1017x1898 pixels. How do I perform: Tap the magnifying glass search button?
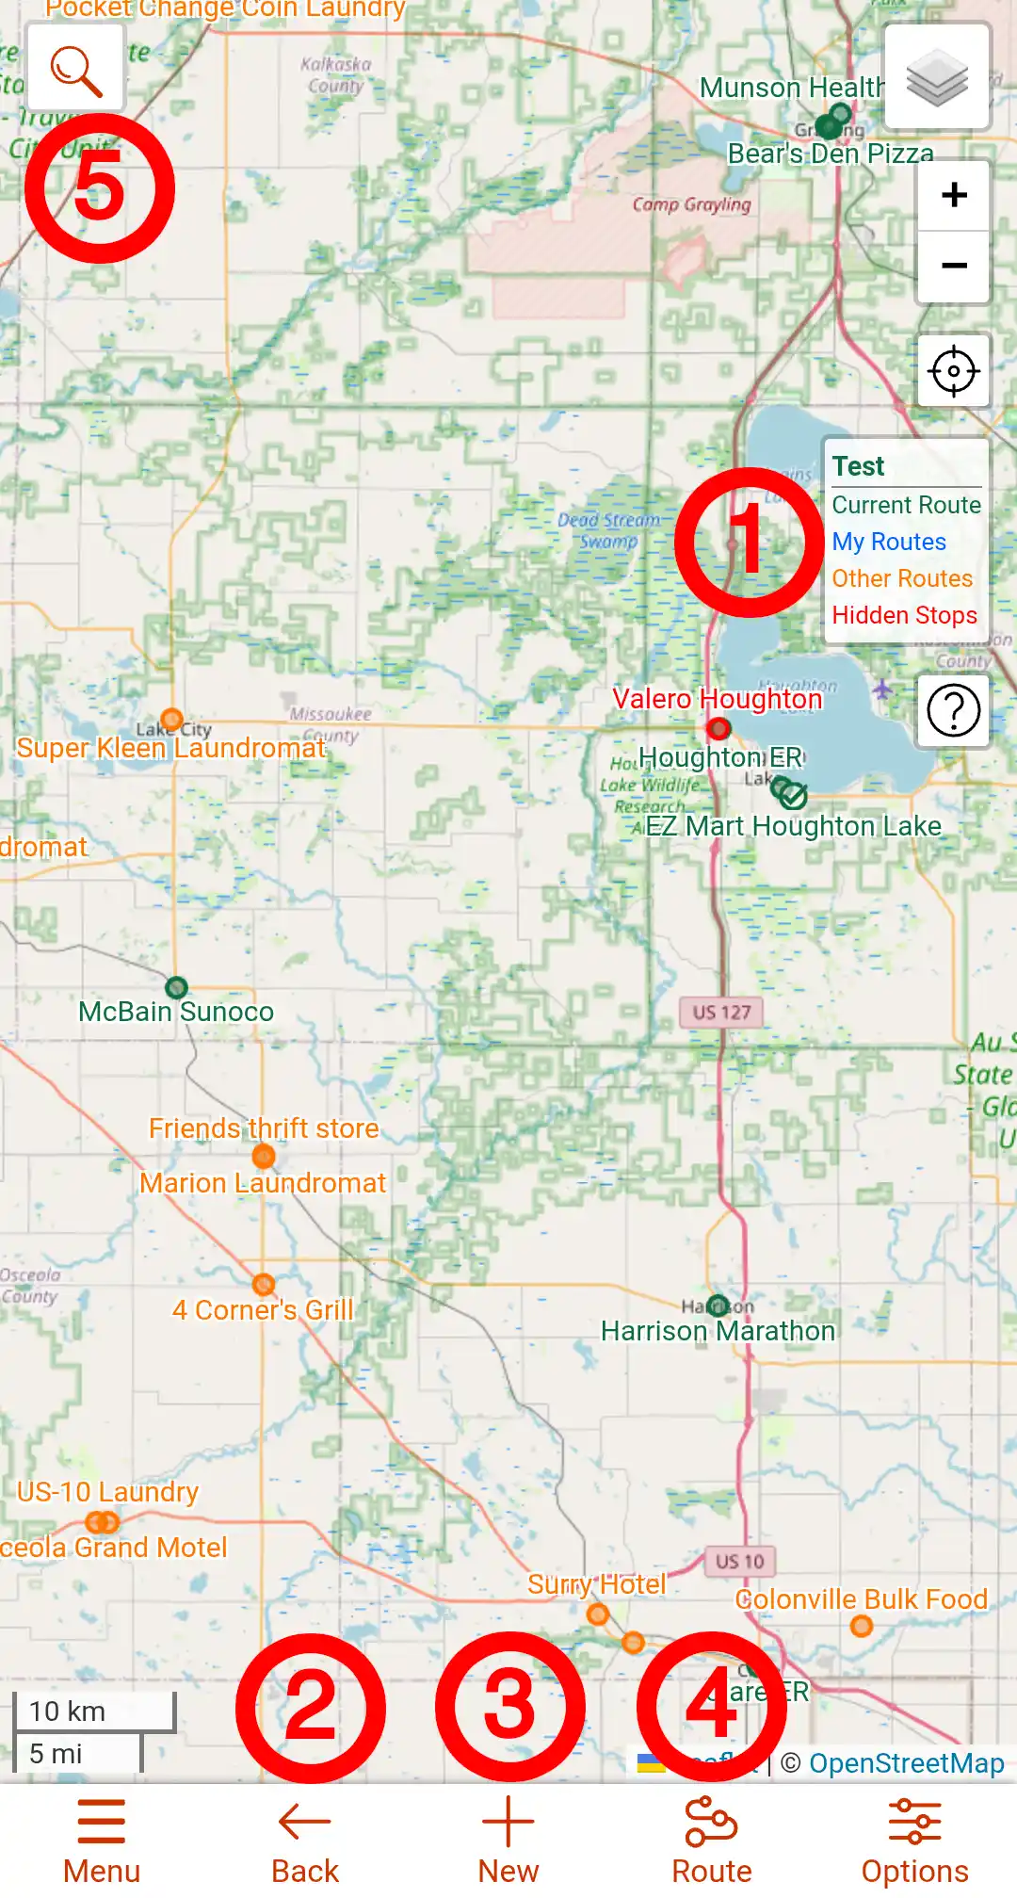[x=76, y=69]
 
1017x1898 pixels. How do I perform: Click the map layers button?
[x=937, y=77]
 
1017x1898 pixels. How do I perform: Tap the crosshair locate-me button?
[x=953, y=371]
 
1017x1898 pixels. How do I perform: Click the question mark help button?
[x=953, y=710]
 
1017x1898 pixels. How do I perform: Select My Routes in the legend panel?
[x=889, y=542]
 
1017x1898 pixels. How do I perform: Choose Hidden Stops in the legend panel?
[x=904, y=615]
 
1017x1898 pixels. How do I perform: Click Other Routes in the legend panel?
[x=901, y=578]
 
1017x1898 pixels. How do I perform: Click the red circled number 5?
[x=99, y=188]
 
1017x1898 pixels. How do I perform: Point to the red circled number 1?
[x=750, y=542]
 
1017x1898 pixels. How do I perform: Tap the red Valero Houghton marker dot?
[x=718, y=728]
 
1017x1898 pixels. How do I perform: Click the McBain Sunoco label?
[x=176, y=1012]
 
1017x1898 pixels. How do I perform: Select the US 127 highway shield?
[x=721, y=1013]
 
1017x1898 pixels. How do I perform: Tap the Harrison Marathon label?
[x=718, y=1331]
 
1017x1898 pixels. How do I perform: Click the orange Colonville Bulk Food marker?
[x=861, y=1626]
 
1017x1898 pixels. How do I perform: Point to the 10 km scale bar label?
[x=67, y=1711]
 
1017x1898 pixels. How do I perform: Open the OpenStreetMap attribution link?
[x=906, y=1763]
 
